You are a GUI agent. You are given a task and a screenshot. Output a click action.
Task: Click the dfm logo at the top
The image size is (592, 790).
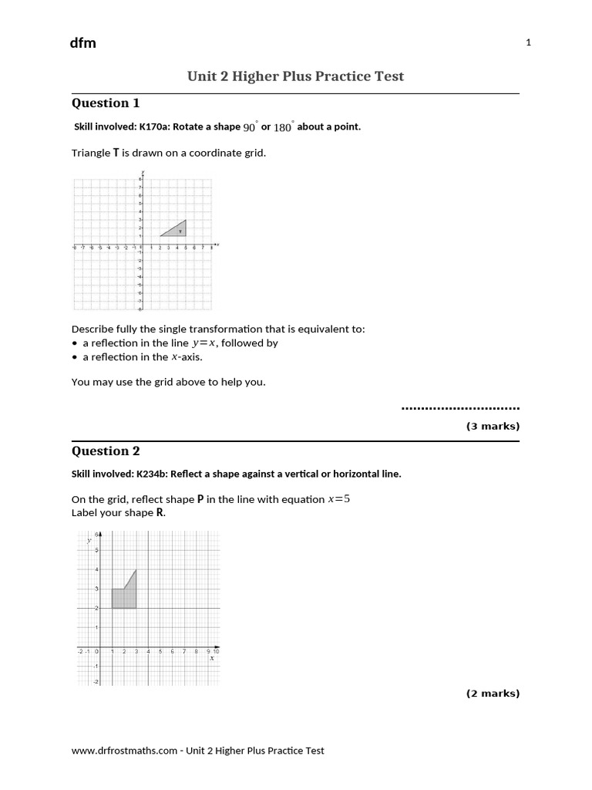click(83, 43)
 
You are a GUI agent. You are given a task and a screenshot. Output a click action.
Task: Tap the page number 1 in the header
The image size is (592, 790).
click(528, 43)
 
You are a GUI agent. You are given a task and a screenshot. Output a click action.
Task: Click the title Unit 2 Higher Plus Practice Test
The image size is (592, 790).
click(295, 76)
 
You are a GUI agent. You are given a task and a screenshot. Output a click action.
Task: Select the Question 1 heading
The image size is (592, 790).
click(106, 103)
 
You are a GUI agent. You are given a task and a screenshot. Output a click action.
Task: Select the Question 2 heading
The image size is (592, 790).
click(106, 451)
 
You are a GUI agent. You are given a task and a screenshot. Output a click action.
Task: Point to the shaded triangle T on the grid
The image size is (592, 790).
click(177, 229)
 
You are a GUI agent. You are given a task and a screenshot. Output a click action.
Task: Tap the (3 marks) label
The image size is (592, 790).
click(493, 426)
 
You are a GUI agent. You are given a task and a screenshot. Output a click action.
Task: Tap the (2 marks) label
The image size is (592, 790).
click(493, 693)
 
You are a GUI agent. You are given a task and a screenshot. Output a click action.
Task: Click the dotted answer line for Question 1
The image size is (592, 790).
click(461, 407)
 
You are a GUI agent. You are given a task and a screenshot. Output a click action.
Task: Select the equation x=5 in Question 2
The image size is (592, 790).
click(339, 499)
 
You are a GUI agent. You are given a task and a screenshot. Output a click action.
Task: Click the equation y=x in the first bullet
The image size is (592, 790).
click(204, 343)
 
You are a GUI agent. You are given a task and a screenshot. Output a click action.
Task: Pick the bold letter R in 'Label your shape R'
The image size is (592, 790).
click(160, 512)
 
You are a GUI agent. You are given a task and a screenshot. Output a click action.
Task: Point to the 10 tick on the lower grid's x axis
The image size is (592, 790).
click(216, 652)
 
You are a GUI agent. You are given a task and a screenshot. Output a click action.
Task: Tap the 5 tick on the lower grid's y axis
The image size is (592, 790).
click(96, 551)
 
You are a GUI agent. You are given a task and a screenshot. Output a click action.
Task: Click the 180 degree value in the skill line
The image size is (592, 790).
click(283, 127)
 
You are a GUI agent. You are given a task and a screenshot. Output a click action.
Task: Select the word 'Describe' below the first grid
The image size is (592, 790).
click(91, 329)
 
